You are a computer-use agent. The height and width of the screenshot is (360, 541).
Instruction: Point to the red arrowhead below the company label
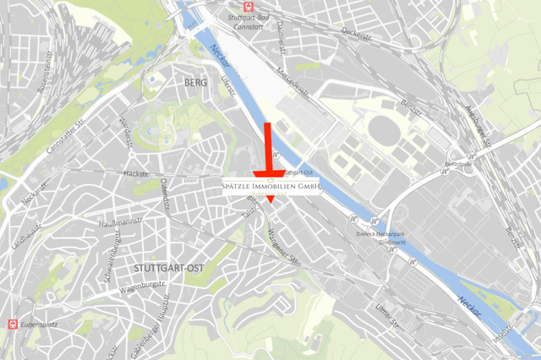point(270,199)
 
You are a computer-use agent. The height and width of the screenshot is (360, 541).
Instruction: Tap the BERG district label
point(194,82)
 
